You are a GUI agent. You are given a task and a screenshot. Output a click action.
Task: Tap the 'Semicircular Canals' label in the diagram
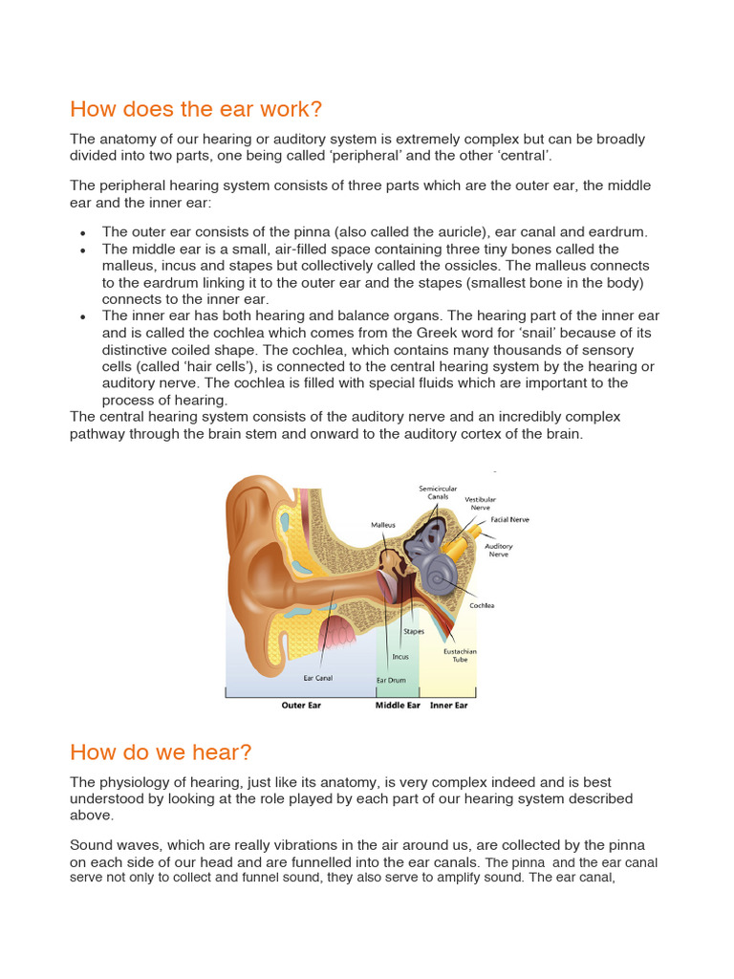433,492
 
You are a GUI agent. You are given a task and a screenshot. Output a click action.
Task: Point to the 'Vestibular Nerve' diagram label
480,503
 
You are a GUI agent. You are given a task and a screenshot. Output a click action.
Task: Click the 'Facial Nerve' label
509,519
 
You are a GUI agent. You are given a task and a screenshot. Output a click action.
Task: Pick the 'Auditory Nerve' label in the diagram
498,550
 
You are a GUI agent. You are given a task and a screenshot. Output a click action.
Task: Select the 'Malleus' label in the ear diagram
383,525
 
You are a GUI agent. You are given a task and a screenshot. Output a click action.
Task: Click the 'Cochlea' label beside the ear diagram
482,605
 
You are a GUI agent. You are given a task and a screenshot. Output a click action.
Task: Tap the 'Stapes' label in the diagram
414,631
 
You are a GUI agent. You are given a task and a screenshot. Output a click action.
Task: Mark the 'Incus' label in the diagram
400,657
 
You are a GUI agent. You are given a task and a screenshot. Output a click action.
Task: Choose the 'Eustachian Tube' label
460,655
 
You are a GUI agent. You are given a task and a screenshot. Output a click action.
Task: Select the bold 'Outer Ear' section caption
300,706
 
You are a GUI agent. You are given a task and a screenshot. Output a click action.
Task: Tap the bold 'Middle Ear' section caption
398,706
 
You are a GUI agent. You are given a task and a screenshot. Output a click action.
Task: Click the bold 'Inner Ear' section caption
448,706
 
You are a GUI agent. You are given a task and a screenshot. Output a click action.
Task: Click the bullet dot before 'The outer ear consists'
83,232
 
